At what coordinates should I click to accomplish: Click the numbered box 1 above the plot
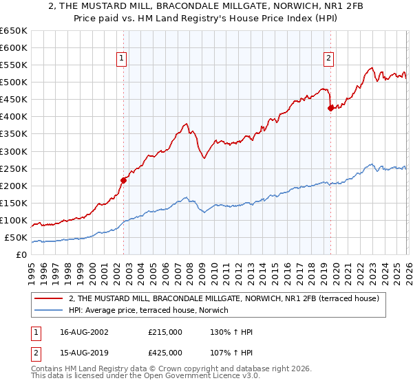click(121, 59)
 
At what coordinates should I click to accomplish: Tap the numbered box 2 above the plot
click(329, 59)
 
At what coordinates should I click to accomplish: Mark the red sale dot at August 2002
click(124, 180)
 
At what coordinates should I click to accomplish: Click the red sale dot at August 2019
click(330, 107)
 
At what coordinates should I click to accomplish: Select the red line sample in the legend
click(50, 298)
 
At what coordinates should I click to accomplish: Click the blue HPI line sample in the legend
click(50, 310)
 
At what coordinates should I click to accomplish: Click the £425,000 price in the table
click(165, 352)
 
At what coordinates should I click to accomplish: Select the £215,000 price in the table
click(165, 333)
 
